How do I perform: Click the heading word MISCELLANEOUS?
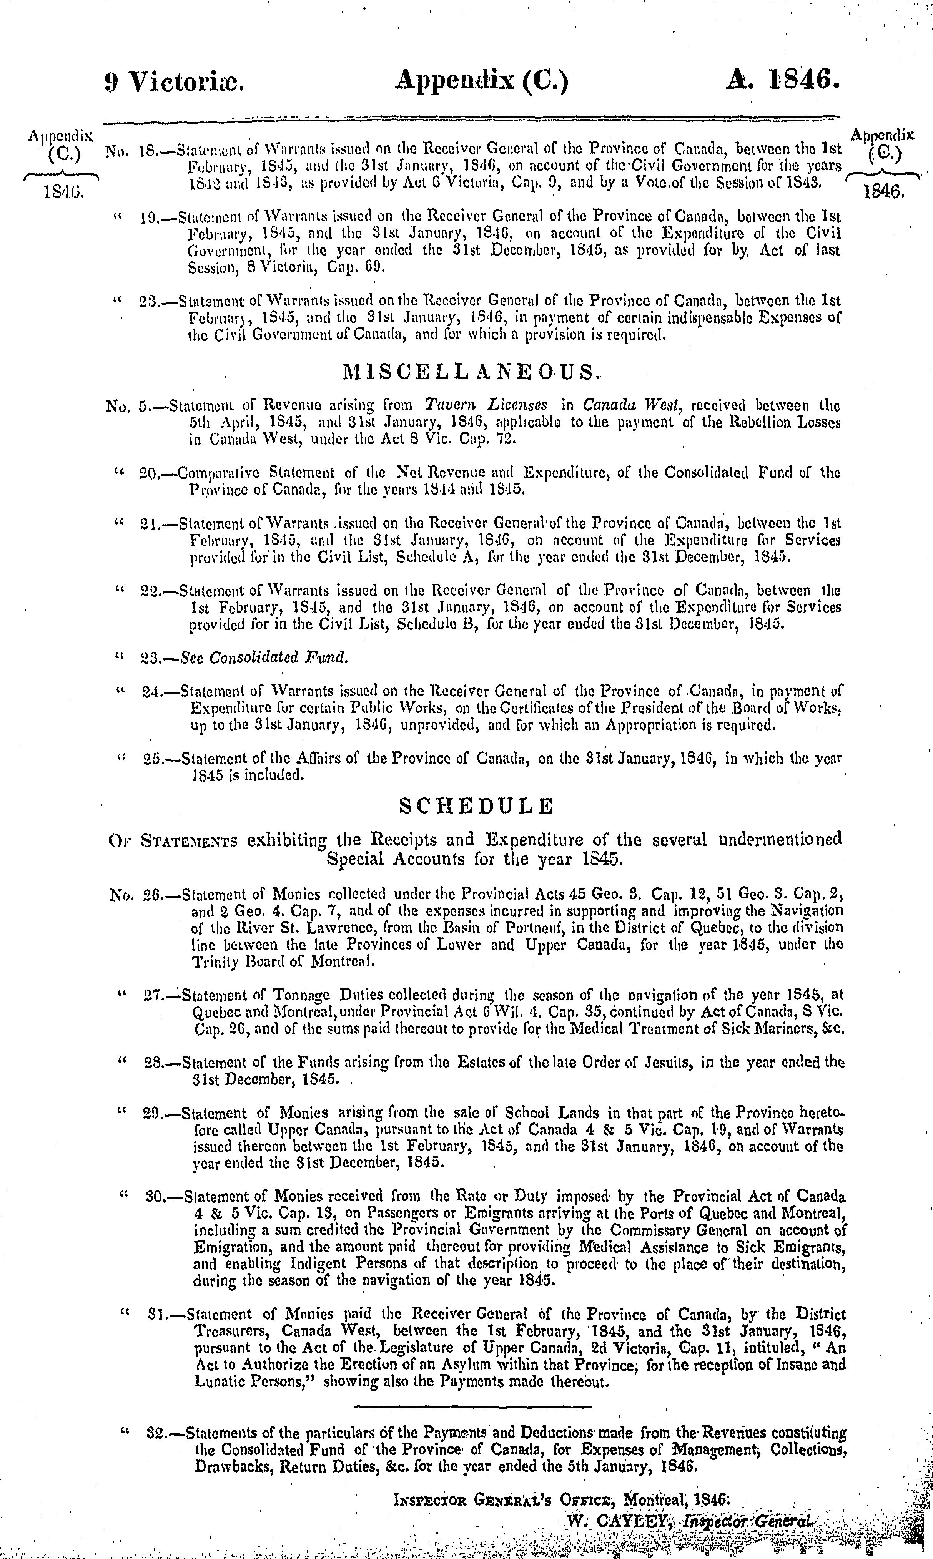click(x=468, y=373)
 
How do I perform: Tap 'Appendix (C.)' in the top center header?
click(x=482, y=82)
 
